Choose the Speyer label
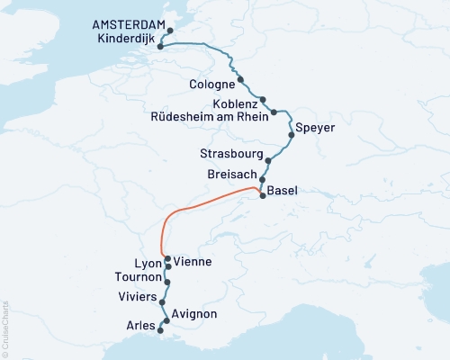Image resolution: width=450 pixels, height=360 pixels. (x=315, y=128)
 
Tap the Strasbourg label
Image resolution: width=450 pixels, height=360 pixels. (x=229, y=155)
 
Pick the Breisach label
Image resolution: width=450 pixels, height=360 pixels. (x=232, y=173)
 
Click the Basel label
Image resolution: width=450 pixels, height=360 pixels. (x=283, y=190)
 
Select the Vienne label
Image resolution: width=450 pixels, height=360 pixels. (x=195, y=262)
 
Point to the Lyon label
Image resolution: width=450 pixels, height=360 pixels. (x=148, y=264)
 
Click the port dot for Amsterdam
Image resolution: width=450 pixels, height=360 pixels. (x=170, y=31)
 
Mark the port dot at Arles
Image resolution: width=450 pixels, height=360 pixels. (x=160, y=331)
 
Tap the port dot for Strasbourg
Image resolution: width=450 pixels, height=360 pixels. (x=267, y=162)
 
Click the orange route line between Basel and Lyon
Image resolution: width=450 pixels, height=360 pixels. (x=207, y=203)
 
